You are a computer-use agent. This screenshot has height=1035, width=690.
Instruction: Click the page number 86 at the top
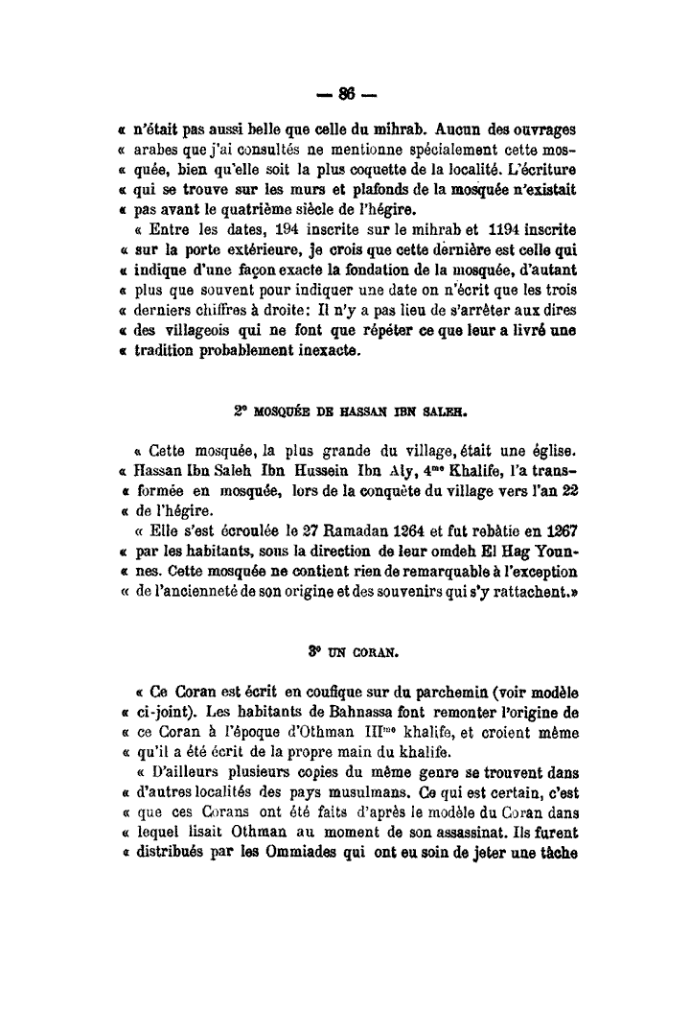click(345, 93)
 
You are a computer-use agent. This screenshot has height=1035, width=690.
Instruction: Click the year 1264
click(357, 531)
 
